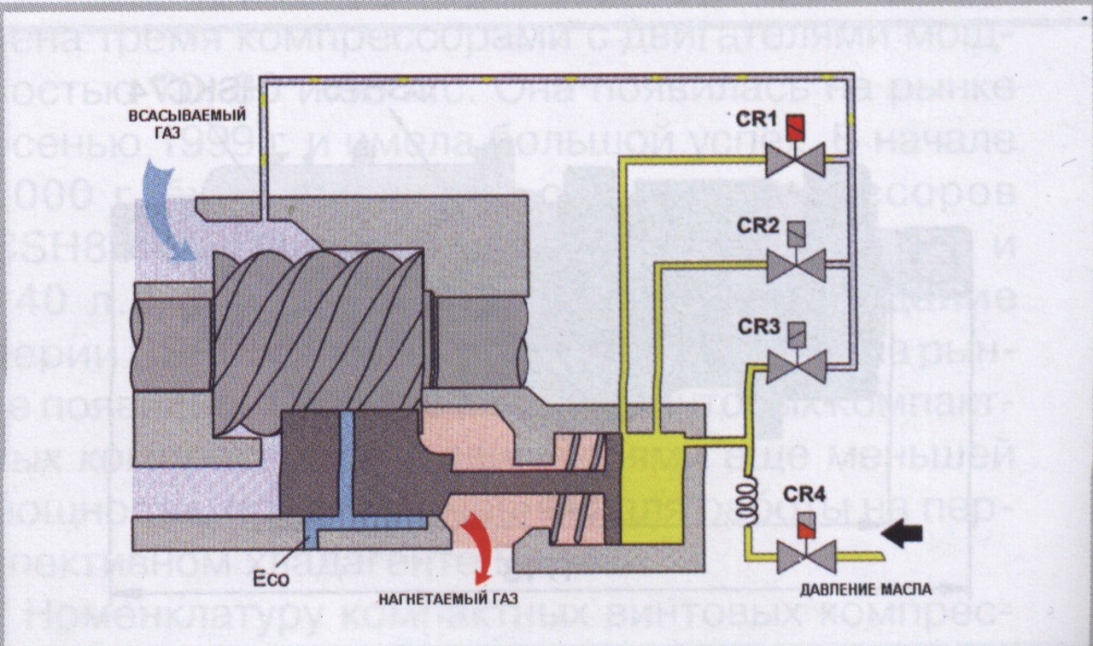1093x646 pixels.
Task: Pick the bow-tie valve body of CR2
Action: [796, 265]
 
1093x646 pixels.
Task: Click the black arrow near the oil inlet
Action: [902, 534]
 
